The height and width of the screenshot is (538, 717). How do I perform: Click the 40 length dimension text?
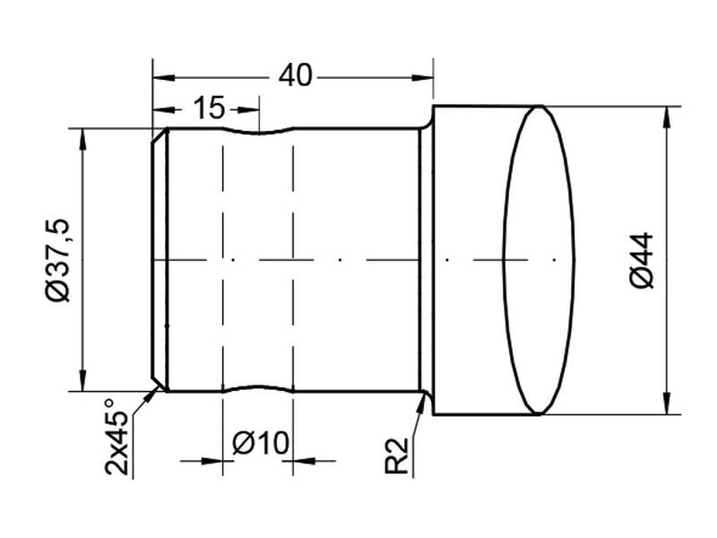295,76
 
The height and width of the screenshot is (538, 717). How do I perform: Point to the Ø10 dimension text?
259,442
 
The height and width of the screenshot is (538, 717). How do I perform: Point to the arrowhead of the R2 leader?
422,400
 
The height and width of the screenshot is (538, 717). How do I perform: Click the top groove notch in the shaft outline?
258,134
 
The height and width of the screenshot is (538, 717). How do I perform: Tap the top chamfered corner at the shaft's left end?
159,137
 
